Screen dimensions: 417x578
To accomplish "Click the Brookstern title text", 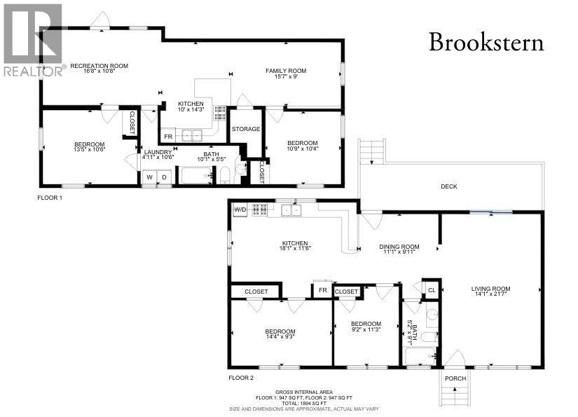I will point(486,43).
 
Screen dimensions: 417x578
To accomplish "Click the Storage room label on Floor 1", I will point(246,129).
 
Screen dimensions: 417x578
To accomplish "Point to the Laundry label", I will point(158,152).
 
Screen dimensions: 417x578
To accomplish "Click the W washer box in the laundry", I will point(149,177).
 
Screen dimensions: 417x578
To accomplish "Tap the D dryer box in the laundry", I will point(165,177).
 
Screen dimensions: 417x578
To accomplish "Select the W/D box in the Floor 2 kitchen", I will point(240,209).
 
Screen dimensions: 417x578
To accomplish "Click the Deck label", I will point(449,186).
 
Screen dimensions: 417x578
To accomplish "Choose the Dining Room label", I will point(399,247).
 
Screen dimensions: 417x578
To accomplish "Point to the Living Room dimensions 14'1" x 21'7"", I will point(490,295).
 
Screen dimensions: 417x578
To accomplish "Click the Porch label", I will point(455,379).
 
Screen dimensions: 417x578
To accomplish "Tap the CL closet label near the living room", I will point(432,289).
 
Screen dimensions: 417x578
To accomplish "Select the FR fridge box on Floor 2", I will point(322,290).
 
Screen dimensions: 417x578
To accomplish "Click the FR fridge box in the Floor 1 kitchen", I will point(168,137).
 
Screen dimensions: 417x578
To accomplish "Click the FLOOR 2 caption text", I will point(241,378).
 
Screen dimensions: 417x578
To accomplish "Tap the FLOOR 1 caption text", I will point(50,198).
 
